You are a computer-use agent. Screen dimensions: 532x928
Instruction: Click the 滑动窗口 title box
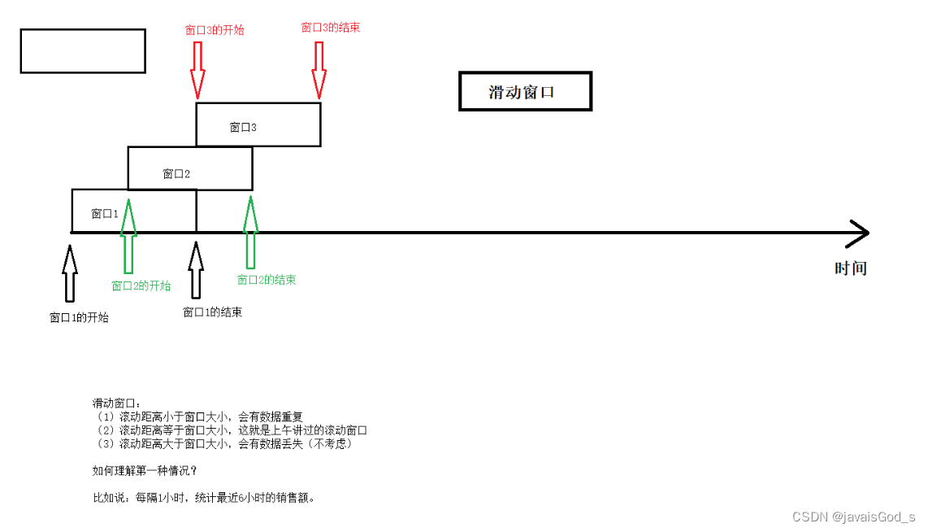(x=525, y=91)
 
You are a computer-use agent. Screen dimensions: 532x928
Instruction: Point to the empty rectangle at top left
(x=83, y=51)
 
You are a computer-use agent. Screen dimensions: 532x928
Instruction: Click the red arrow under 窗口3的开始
(x=197, y=69)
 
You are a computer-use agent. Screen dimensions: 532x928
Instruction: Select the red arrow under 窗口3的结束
(x=319, y=69)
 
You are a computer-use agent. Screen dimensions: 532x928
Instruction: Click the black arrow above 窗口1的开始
(x=70, y=273)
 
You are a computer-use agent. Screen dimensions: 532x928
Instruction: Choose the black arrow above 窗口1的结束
(x=195, y=269)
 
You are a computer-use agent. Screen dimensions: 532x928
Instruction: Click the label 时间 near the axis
(x=851, y=268)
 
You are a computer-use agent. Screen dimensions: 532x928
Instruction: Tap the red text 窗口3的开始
(x=215, y=30)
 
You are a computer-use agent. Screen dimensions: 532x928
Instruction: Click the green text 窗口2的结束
(x=267, y=280)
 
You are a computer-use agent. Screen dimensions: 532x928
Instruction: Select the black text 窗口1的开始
(x=79, y=317)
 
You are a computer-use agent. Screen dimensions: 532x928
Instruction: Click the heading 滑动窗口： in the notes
(x=117, y=403)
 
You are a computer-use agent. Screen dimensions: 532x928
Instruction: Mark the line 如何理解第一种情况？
(x=145, y=470)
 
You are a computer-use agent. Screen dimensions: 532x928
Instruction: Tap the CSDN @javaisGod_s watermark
(x=853, y=517)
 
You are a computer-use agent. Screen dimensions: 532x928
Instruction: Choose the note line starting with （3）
(x=223, y=443)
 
